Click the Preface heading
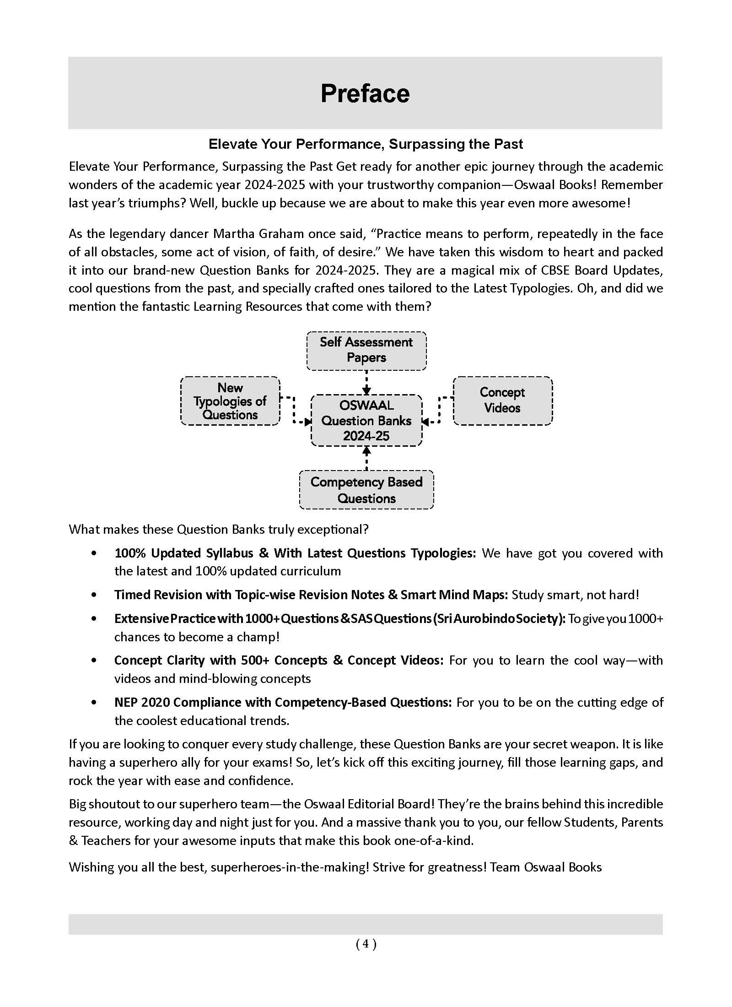(365, 93)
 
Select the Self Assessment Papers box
(366, 350)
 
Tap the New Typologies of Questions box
(230, 401)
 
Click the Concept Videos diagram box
(502, 401)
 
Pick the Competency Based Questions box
(366, 490)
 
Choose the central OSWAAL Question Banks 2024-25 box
(366, 420)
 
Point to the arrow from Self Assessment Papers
(366, 382)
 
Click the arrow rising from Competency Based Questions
(366, 458)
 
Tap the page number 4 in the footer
(366, 943)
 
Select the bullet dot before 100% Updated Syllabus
(94, 553)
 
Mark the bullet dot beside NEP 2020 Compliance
(94, 703)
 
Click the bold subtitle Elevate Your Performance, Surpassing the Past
(365, 144)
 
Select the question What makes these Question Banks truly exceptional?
(219, 530)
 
